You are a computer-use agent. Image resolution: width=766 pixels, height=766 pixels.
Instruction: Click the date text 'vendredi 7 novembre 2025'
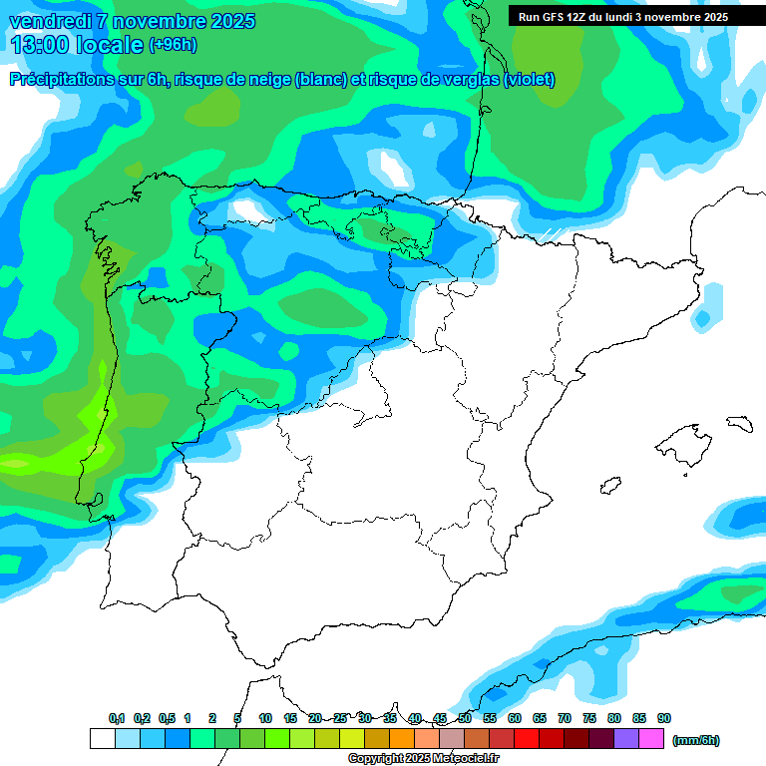click(x=132, y=21)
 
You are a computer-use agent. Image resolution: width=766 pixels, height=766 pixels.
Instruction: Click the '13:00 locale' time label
click(x=77, y=45)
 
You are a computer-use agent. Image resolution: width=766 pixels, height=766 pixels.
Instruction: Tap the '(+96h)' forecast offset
click(x=173, y=45)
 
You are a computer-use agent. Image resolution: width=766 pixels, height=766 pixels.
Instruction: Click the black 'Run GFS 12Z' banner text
click(x=622, y=17)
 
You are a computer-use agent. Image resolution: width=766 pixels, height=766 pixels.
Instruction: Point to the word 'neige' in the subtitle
click(x=266, y=79)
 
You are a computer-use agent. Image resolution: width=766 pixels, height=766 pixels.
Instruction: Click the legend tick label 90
click(x=664, y=719)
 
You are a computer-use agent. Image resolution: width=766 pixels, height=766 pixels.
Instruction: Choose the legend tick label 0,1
click(x=117, y=719)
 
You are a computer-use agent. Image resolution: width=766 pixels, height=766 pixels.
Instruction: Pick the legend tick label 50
click(x=465, y=719)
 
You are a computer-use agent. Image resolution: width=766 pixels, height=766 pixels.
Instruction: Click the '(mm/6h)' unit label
click(x=695, y=740)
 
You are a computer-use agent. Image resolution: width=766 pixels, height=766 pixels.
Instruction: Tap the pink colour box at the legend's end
click(x=651, y=739)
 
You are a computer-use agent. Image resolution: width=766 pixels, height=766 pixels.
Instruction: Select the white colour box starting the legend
click(x=102, y=739)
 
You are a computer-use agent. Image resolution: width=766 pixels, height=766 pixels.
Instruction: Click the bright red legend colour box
click(x=527, y=739)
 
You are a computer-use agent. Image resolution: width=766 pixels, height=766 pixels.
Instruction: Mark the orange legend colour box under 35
click(x=402, y=739)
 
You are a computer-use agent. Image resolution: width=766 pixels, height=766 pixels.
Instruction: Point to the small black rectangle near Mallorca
click(x=739, y=423)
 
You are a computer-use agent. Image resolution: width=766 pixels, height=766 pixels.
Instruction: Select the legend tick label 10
click(x=265, y=719)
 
